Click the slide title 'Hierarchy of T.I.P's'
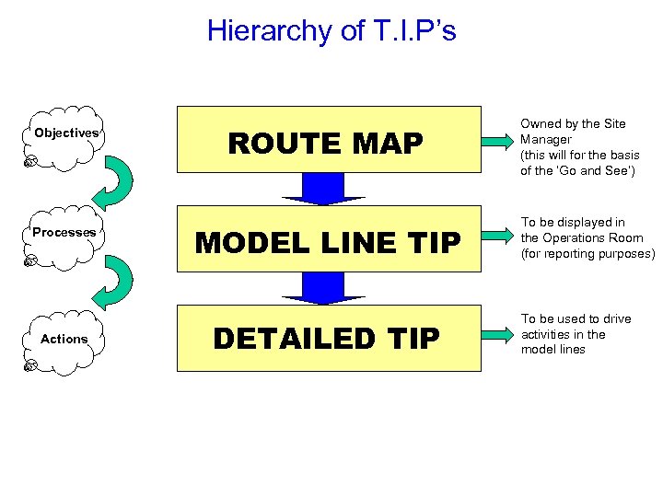[x=331, y=30]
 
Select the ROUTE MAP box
[x=329, y=143]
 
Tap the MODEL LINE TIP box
[x=329, y=241]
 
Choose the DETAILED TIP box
[x=329, y=339]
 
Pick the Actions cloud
[x=64, y=340]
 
